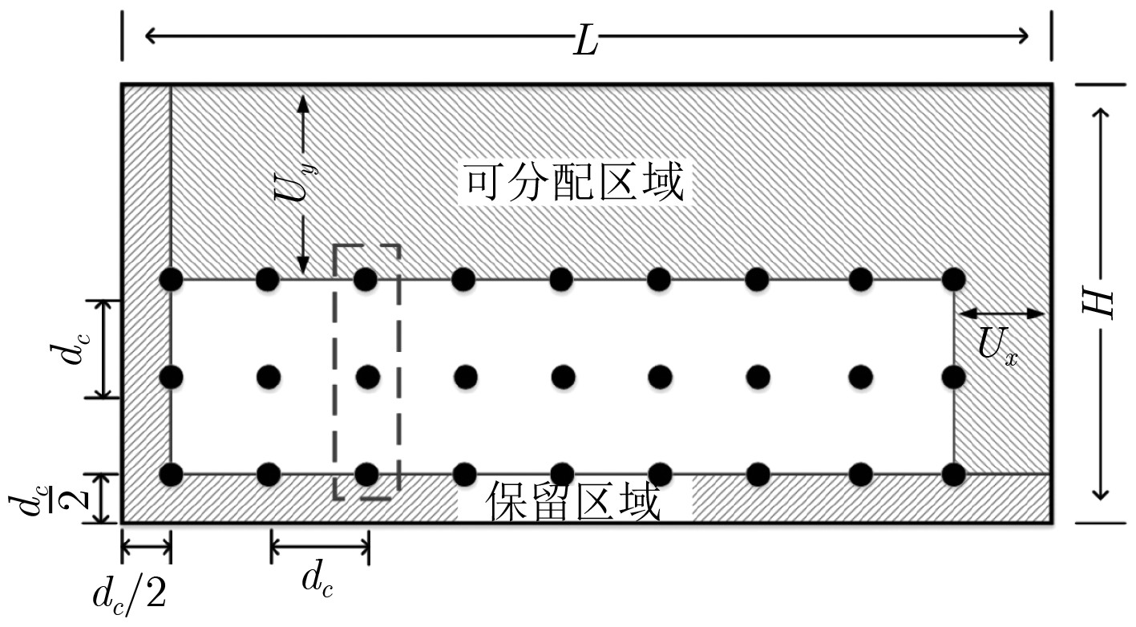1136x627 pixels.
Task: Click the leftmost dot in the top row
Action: pos(171,279)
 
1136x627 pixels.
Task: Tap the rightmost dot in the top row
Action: pos(954,279)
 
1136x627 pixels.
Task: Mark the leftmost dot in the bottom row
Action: pos(171,474)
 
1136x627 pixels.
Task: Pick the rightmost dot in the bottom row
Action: pos(954,474)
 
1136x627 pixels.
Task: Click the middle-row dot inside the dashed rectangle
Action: pos(367,375)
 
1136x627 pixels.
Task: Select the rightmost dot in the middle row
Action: pos(954,375)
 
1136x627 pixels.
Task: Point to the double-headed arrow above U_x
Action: pos(1001,313)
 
